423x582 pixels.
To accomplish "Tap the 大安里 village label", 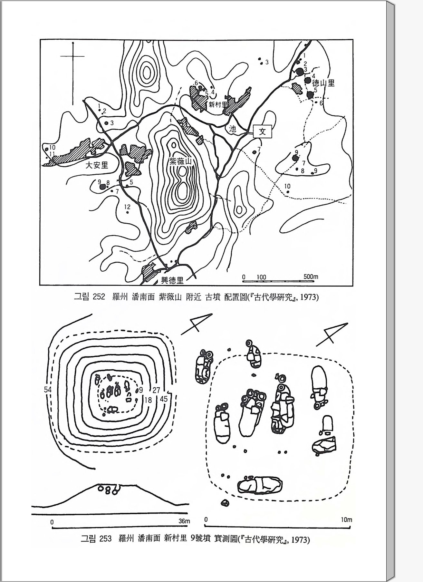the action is (x=97, y=165).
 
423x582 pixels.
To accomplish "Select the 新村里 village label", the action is (x=218, y=104).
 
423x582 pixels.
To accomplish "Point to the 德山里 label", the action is (x=323, y=83).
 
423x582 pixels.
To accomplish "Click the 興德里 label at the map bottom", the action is (x=172, y=280).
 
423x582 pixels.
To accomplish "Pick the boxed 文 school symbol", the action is (x=262, y=131).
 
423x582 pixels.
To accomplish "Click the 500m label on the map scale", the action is (x=311, y=276).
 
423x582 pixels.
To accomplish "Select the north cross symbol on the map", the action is (x=73, y=56).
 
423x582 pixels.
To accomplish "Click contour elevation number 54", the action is (x=48, y=390).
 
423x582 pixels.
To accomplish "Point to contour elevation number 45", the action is (x=164, y=399).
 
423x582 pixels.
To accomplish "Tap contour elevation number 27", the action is (x=156, y=390).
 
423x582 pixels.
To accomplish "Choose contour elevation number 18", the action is (x=148, y=400).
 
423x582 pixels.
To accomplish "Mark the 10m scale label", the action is (x=346, y=519).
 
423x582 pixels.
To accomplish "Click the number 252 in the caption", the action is (x=99, y=296).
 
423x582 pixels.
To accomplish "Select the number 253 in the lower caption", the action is (x=105, y=538).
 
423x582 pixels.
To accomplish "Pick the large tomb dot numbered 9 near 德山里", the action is (x=295, y=158).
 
